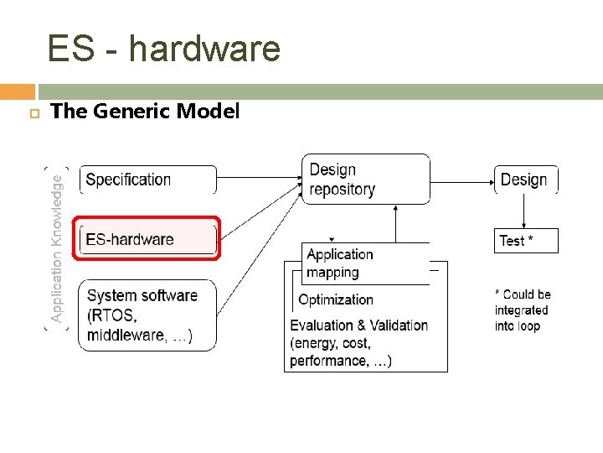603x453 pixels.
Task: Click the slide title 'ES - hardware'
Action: pos(163,49)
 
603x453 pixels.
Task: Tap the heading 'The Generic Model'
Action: pos(145,111)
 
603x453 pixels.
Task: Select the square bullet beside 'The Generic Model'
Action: pos(33,112)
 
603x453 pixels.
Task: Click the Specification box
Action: pos(147,180)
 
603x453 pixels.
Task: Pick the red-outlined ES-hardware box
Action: pos(147,239)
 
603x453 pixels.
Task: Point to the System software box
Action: pos(147,315)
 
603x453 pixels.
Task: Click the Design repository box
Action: pos(366,180)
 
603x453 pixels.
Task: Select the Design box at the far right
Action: pos(524,180)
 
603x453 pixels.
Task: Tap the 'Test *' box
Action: pos(526,241)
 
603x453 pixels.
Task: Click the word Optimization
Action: pos(336,299)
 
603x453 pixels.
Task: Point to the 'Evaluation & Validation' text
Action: pos(358,325)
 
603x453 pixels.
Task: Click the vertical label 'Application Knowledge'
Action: pos(56,247)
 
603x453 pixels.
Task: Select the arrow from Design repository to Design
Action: pos(461,179)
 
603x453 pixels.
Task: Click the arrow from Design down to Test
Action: pos(524,211)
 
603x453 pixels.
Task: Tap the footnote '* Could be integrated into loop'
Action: pos(522,310)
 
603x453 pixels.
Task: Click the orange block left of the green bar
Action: pos(18,91)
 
